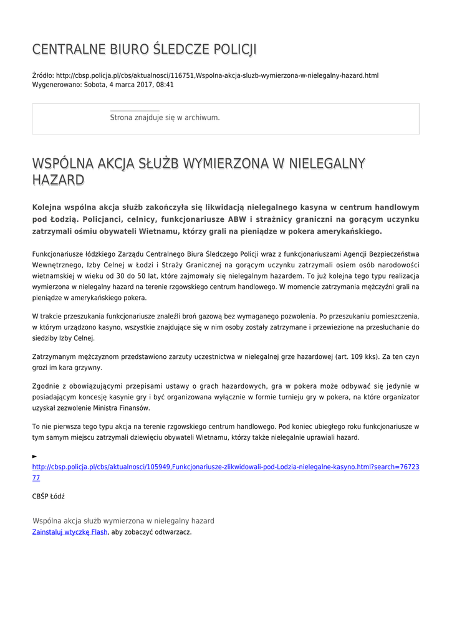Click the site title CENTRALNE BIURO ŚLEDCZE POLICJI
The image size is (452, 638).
[x=144, y=49]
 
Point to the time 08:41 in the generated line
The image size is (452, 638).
[x=165, y=85]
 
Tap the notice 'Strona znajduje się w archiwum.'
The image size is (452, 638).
[x=165, y=117]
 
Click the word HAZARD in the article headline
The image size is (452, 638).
[x=58, y=180]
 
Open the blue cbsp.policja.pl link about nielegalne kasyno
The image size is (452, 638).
[x=225, y=467]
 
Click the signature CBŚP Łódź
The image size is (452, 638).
[x=49, y=497]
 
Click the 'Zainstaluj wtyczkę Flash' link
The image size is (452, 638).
[x=70, y=532]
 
